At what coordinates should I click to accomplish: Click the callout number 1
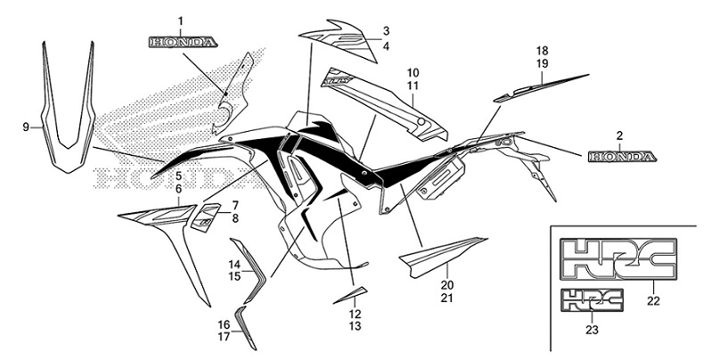pos(181,20)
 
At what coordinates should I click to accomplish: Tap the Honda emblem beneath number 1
pos(181,41)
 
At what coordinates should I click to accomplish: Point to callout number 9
pos(26,127)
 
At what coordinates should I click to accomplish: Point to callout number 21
pos(446,297)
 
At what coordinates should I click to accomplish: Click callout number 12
pos(355,314)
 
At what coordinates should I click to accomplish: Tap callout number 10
pos(413,71)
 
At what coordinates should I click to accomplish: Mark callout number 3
pos(386,31)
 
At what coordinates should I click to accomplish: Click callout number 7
pos(235,205)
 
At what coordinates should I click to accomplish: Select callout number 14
pos(233,265)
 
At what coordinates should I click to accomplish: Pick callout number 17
pos(225,337)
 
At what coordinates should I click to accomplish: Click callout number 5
pos(178,176)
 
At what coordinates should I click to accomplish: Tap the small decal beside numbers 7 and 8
pos(206,213)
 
